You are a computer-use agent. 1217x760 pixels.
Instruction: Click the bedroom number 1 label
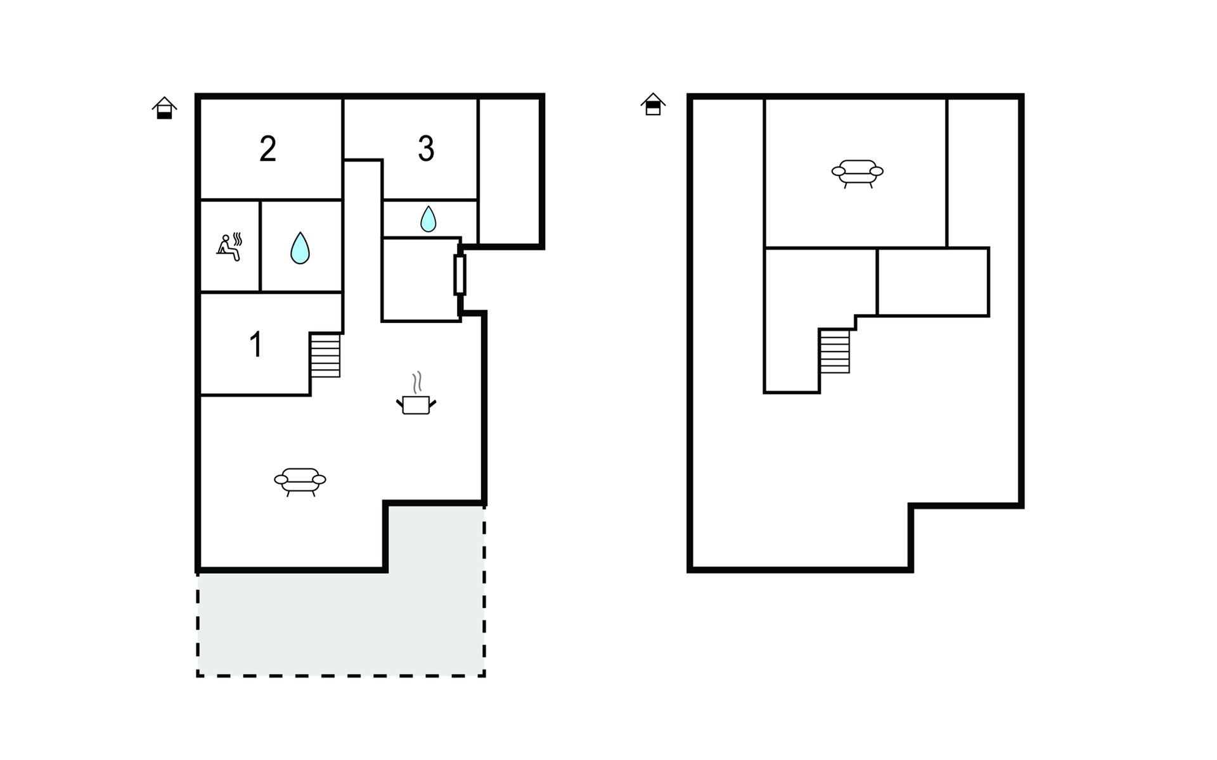[x=255, y=345]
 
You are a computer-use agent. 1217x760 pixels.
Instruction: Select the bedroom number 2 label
[x=267, y=149]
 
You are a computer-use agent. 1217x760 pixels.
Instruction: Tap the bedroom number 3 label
[x=426, y=149]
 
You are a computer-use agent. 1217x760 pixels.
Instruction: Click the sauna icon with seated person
[x=229, y=247]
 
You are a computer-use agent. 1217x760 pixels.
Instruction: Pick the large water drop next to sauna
[x=300, y=248]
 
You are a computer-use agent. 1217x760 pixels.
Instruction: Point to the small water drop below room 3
[x=428, y=218]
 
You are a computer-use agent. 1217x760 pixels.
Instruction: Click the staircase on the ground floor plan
[x=325, y=355]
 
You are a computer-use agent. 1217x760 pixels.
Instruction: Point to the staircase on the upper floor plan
[x=834, y=351]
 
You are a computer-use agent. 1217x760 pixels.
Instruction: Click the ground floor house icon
[x=164, y=108]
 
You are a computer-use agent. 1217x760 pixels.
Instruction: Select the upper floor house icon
[x=653, y=104]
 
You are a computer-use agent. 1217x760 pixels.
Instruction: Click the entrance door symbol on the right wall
[x=460, y=275]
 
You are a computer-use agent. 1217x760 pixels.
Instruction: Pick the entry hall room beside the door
[x=420, y=279]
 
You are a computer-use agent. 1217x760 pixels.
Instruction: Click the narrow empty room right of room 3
[x=509, y=171]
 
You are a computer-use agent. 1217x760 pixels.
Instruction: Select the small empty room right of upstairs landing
[x=932, y=281]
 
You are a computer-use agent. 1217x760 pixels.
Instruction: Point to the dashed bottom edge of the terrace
[x=341, y=676]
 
